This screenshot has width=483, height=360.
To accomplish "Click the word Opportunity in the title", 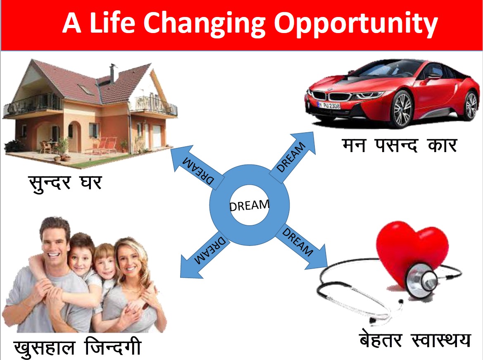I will pyautogui.click(x=356, y=24).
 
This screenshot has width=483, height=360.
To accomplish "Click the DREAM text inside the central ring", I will pyautogui.click(x=249, y=205).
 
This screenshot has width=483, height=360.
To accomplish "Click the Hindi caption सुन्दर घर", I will pyautogui.click(x=65, y=182).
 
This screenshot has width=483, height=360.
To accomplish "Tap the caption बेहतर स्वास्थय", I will pyautogui.click(x=414, y=341).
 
